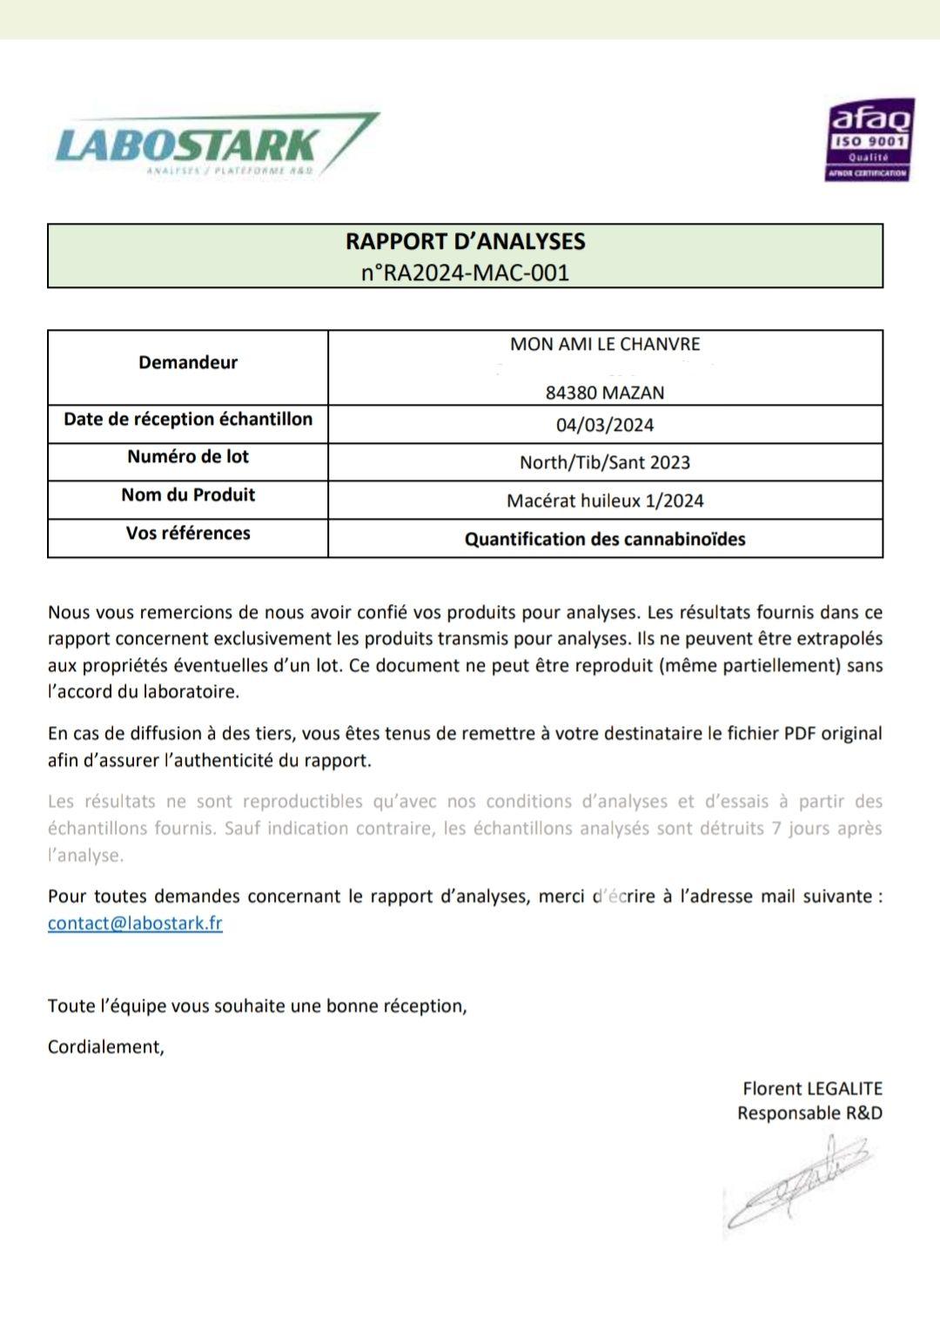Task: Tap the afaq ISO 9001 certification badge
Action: (x=869, y=139)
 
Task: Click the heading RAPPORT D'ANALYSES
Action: (x=465, y=241)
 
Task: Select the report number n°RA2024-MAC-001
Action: (x=465, y=272)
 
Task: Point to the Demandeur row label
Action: (x=188, y=362)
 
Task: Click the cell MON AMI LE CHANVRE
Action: (x=605, y=344)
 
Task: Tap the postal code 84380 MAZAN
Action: (x=605, y=393)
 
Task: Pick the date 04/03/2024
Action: (x=605, y=425)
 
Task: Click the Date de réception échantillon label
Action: (x=188, y=420)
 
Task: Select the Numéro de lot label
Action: (x=188, y=457)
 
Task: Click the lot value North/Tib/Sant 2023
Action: (x=605, y=462)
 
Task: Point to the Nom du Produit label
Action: (x=188, y=495)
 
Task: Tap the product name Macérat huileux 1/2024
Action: (x=605, y=501)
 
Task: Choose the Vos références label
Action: (x=188, y=534)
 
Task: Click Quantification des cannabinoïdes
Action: (x=605, y=539)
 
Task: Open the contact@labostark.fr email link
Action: (x=135, y=923)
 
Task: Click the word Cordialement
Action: (x=105, y=1046)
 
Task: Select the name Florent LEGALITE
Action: (x=812, y=1088)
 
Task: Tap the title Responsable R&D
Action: (x=809, y=1112)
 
